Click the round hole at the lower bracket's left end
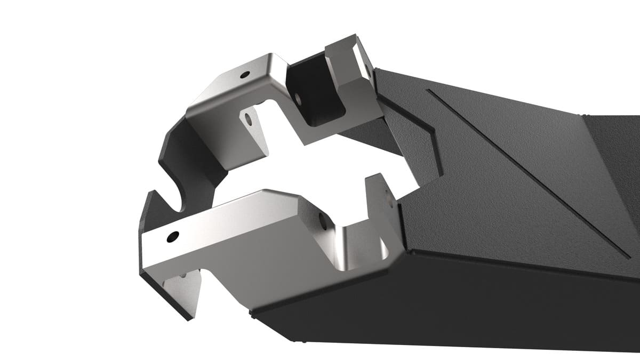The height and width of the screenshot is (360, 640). tap(172, 236)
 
